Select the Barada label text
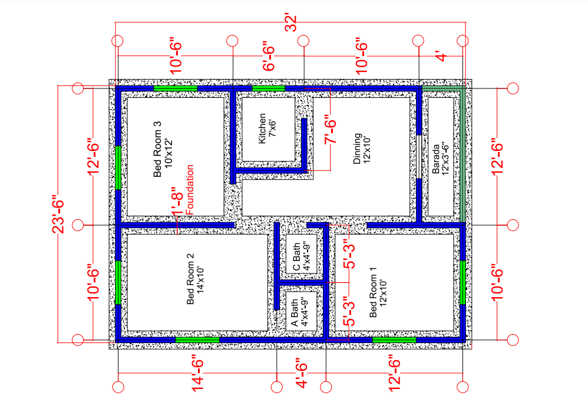(x=435, y=159)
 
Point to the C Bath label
(x=296, y=256)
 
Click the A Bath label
(x=295, y=312)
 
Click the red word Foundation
(x=190, y=190)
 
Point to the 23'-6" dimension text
(x=58, y=214)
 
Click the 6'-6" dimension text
(x=269, y=58)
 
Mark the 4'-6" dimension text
(x=302, y=375)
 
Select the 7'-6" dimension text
(x=331, y=131)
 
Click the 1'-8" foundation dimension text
(x=177, y=202)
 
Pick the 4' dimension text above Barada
(x=442, y=57)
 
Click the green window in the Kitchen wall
(x=269, y=88)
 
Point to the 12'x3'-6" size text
(x=445, y=159)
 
